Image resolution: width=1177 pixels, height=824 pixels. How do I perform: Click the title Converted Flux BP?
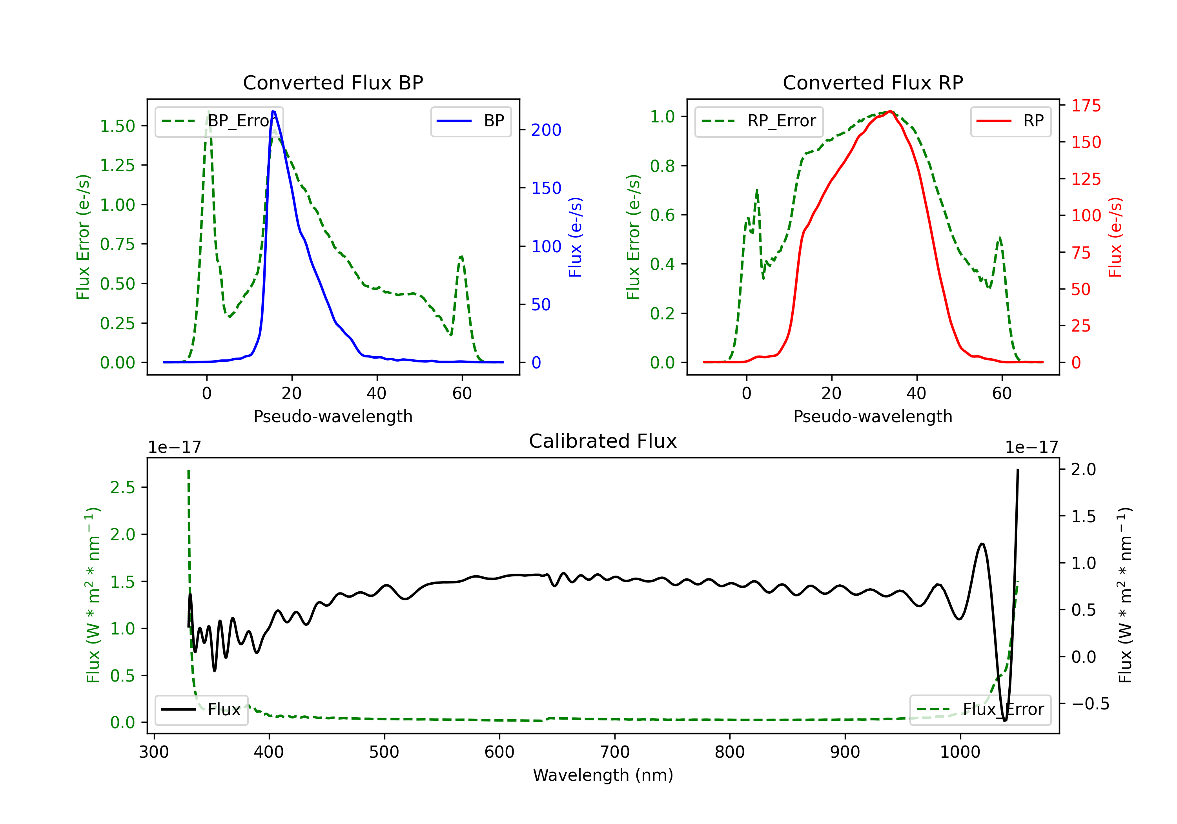tap(333, 82)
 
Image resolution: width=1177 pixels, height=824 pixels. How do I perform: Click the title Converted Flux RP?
tap(873, 82)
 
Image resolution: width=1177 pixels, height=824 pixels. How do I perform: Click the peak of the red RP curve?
tap(891, 111)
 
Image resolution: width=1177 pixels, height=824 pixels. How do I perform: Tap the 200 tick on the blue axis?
tap(546, 130)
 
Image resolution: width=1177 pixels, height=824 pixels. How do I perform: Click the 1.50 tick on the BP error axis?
tap(117, 126)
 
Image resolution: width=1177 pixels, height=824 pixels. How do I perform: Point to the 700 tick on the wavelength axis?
tap(615, 752)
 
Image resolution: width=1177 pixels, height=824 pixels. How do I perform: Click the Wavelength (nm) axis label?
tap(603, 775)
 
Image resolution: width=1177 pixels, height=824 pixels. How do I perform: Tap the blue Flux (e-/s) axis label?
tap(575, 237)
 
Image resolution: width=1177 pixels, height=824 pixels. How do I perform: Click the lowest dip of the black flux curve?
tap(1005, 720)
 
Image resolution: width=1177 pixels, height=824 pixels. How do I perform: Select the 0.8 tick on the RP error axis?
tap(662, 166)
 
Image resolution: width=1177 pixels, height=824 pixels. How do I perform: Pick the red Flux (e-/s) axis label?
tap(1115, 237)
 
